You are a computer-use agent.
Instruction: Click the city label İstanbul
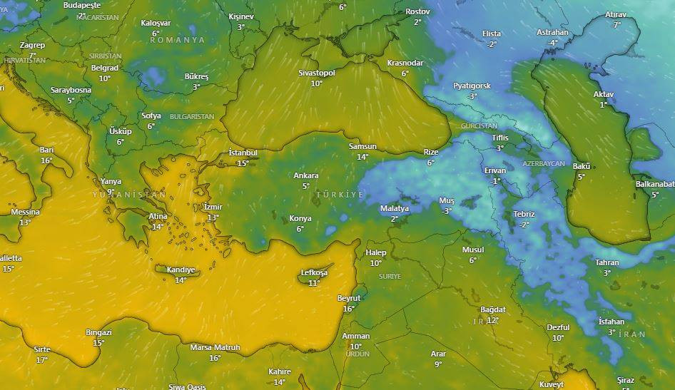[243, 153]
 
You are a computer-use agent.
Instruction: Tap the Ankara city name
[306, 176]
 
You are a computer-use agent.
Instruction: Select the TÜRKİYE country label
[340, 195]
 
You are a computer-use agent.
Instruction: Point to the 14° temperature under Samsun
[362, 157]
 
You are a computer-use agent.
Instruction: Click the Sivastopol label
[317, 73]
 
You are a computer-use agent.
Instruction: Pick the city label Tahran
[607, 263]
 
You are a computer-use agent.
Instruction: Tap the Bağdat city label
[493, 310]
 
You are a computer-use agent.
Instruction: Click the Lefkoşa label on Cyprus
[314, 273]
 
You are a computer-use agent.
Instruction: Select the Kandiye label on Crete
[181, 270]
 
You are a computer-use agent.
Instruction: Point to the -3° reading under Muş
[447, 211]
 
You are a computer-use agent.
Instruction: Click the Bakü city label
[582, 167]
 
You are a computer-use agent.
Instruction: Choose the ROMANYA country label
[177, 41]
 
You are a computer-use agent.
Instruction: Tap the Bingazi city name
[98, 333]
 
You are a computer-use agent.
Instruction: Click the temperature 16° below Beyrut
[349, 309]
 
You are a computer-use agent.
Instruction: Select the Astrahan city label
[552, 33]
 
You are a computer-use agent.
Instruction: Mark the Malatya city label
[395, 209]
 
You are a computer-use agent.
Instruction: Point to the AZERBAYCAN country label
[544, 164]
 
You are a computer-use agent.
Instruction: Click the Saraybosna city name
[71, 91]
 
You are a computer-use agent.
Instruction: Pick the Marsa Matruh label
[215, 348]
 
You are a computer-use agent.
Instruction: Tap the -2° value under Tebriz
[524, 225]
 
